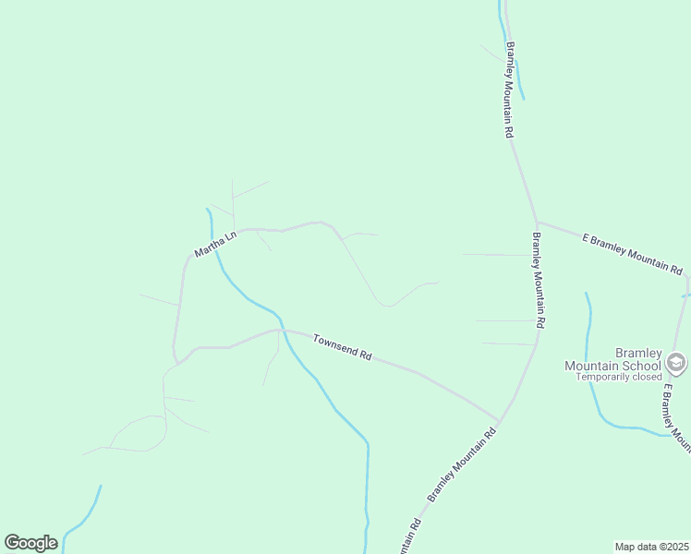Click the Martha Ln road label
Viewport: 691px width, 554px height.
pos(215,244)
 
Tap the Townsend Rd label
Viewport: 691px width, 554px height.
pos(342,346)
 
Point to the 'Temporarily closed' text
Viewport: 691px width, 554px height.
pos(619,377)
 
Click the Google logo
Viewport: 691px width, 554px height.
pos(30,543)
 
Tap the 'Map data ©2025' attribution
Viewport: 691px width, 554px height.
pos(651,547)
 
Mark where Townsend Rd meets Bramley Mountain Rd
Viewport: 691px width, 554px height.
pos(500,421)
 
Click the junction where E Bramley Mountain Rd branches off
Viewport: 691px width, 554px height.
pos(537,222)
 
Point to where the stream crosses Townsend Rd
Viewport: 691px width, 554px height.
pos(283,330)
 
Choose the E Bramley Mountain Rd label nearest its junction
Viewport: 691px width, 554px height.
pos(632,253)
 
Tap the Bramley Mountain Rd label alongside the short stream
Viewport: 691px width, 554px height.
pos(507,90)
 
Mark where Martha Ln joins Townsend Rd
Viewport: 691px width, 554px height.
pos(176,359)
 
